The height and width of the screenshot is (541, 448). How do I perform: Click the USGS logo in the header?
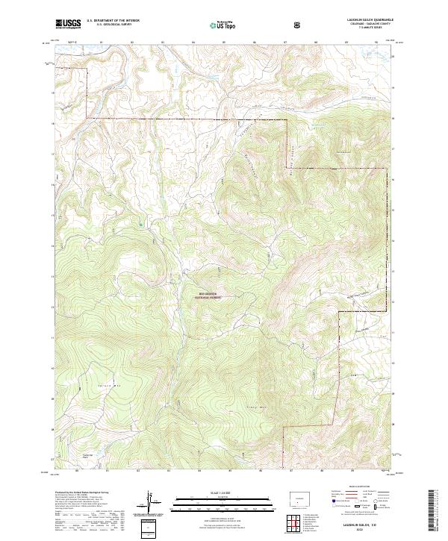tap(67, 24)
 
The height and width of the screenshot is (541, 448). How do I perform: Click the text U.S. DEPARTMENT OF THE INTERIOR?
tap(113, 22)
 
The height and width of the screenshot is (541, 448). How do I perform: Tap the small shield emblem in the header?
tap(298, 25)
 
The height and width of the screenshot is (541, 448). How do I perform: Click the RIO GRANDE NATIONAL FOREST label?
tap(216, 295)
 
